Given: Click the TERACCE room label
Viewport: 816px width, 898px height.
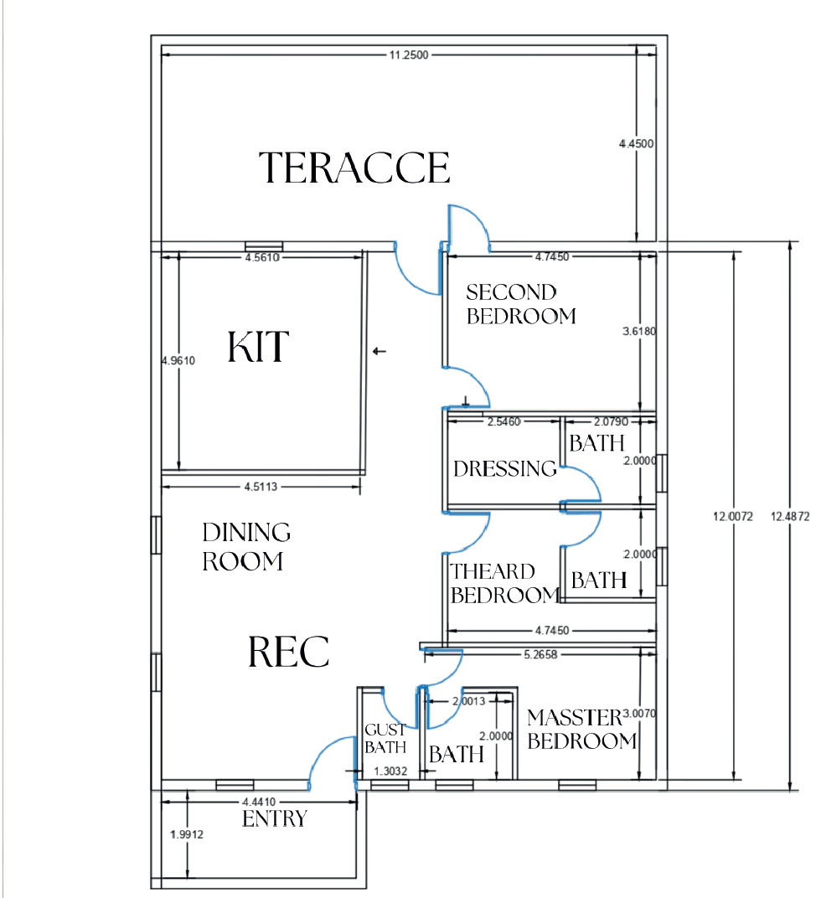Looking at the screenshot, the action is (354, 168).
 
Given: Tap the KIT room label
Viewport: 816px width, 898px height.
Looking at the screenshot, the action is (258, 347).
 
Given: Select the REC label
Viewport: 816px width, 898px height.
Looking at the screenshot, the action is (288, 652).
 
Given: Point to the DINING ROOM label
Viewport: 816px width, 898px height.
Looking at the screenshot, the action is (246, 547).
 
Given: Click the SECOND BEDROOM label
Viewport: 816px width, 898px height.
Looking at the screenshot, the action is (521, 304).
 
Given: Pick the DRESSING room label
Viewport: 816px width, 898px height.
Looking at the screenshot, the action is (505, 468).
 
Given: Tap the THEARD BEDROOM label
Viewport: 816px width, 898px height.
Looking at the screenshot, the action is (504, 584).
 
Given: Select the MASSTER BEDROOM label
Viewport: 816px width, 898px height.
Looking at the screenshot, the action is (581, 729).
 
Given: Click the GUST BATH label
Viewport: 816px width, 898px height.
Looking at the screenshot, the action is (385, 739).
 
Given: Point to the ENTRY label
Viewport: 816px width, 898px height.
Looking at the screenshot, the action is (275, 819).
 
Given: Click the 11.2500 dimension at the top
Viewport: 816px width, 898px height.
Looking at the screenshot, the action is (409, 55).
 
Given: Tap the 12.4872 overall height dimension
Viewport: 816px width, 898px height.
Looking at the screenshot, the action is (790, 517).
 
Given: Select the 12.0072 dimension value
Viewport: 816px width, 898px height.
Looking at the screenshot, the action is (733, 517).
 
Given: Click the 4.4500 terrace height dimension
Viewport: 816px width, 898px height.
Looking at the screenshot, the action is (636, 144).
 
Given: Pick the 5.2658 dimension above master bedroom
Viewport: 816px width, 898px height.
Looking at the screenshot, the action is (540, 654).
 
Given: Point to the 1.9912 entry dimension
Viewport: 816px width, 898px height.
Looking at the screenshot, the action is (187, 834).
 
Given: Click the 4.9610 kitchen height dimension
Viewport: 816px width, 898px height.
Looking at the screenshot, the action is (178, 361).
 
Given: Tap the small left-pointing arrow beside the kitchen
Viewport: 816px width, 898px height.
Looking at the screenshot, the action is (379, 351).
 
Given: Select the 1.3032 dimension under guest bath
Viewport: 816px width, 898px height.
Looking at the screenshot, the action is (390, 771).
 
